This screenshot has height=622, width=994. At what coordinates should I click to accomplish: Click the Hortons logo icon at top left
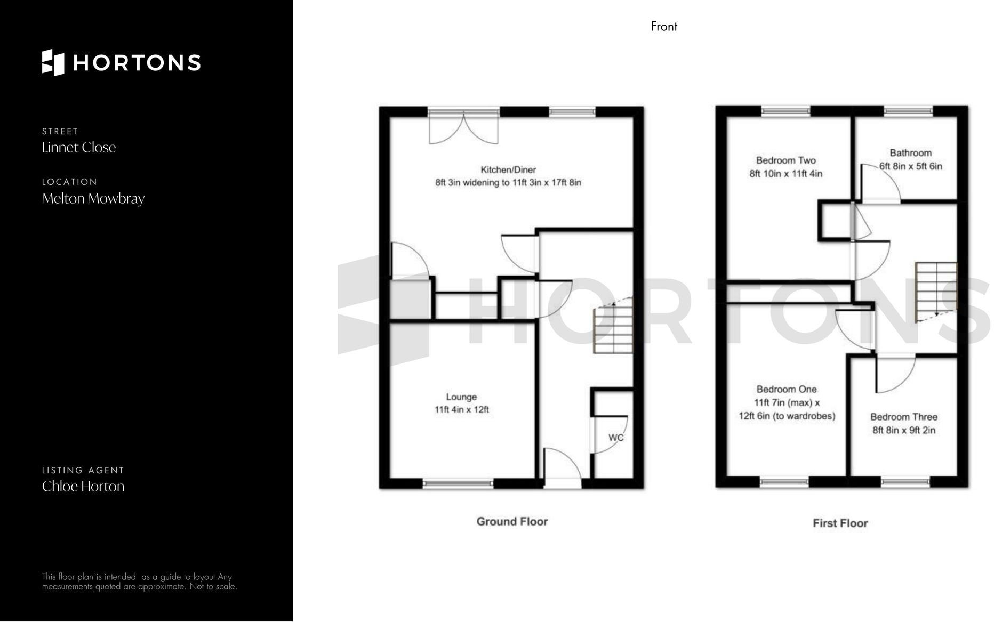[x=53, y=62]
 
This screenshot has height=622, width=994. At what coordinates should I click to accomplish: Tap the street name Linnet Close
[x=79, y=148]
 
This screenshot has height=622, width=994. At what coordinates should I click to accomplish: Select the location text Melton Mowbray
[x=93, y=199]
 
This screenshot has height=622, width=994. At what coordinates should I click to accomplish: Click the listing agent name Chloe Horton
[x=83, y=487]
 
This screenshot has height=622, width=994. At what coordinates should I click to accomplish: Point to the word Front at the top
[x=664, y=27]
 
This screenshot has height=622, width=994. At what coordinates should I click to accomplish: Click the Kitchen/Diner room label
[x=508, y=170]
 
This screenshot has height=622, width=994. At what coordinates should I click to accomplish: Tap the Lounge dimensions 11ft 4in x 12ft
[x=462, y=410]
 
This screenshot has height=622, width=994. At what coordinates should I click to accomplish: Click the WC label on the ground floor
[x=616, y=438]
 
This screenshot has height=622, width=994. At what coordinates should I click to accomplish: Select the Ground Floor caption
[x=512, y=521]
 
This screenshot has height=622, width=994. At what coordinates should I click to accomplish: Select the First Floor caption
[x=840, y=523]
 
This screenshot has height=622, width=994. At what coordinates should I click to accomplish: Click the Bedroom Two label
[x=785, y=160]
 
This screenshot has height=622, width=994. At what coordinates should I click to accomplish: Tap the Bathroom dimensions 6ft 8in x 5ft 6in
[x=911, y=166]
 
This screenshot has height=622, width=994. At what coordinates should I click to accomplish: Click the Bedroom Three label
[x=903, y=417]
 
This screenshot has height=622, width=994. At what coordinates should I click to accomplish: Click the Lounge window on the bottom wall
[x=458, y=483]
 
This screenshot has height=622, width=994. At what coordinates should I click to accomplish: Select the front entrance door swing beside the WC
[x=562, y=465]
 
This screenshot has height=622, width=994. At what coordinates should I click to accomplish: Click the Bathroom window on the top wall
[x=908, y=111]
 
